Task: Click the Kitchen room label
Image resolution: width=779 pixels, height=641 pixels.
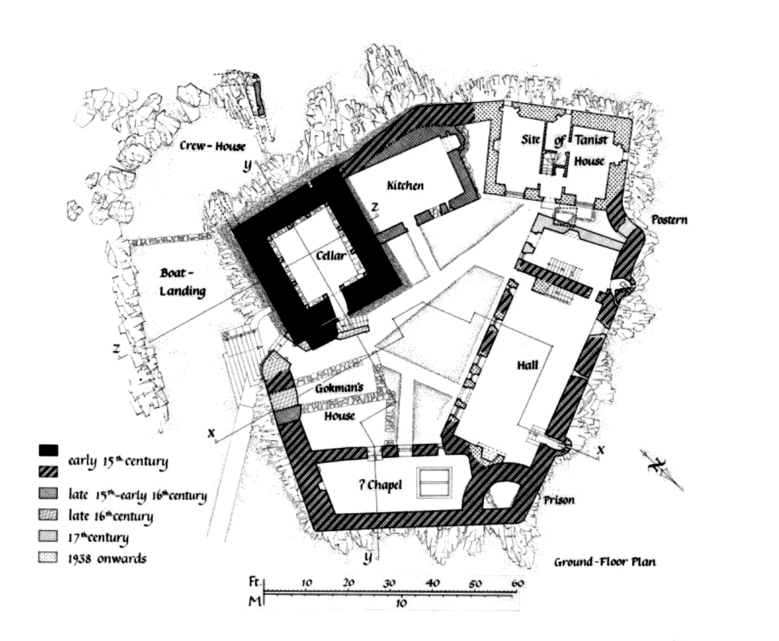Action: pyautogui.click(x=405, y=185)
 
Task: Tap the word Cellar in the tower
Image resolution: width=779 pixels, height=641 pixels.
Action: pyautogui.click(x=331, y=256)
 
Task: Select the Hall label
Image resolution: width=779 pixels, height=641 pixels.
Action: pyautogui.click(x=527, y=365)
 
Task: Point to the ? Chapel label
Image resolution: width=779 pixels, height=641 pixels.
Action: pyautogui.click(x=381, y=485)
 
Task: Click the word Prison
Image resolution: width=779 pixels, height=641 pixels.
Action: pyautogui.click(x=559, y=500)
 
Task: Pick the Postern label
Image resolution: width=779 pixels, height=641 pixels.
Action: pyautogui.click(x=669, y=219)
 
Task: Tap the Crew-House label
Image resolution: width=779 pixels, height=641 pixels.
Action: pyautogui.click(x=213, y=146)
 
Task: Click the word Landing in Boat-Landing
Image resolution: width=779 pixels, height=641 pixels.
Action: pyautogui.click(x=183, y=292)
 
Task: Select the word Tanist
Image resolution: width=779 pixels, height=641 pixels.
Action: pyautogui.click(x=591, y=140)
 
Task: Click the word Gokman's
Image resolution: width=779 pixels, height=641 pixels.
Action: pyautogui.click(x=339, y=388)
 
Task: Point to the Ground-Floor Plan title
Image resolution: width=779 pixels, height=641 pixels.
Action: pyautogui.click(x=605, y=562)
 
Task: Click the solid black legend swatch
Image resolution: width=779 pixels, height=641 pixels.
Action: pyautogui.click(x=48, y=450)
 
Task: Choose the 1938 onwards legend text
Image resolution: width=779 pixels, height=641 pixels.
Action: pyautogui.click(x=107, y=559)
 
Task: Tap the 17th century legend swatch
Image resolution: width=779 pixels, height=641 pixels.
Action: pyautogui.click(x=48, y=536)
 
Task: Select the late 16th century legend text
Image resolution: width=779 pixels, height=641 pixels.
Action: pyautogui.click(x=110, y=516)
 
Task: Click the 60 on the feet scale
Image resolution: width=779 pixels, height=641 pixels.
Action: pyautogui.click(x=518, y=583)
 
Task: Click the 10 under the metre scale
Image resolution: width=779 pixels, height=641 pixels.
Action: pyautogui.click(x=402, y=603)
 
